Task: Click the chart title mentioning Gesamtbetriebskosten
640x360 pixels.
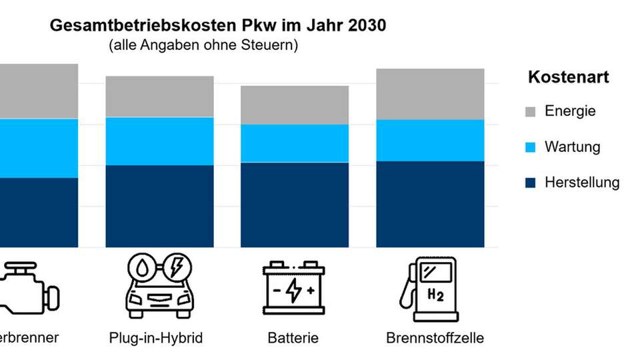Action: pyautogui.click(x=217, y=26)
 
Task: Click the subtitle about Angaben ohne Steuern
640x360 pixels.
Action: pyautogui.click(x=203, y=46)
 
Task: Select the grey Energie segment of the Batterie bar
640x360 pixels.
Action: pyautogui.click(x=294, y=105)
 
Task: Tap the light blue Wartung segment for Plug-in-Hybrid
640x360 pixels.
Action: pyautogui.click(x=160, y=141)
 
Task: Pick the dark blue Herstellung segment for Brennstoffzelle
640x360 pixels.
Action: pyautogui.click(x=430, y=204)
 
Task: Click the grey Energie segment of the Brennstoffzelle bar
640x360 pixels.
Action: pyautogui.click(x=430, y=94)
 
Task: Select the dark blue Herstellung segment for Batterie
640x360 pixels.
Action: pyautogui.click(x=294, y=205)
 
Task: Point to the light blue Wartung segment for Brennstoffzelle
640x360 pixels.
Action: pyautogui.click(x=430, y=140)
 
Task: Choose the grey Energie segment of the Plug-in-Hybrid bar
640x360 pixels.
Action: pyautogui.click(x=160, y=97)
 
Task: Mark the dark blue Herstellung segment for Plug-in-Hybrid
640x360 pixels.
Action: pyautogui.click(x=160, y=206)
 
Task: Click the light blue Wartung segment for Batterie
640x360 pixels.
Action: pyautogui.click(x=294, y=143)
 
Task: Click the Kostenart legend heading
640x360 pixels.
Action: pyautogui.click(x=568, y=77)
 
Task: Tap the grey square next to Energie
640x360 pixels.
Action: pyautogui.click(x=531, y=112)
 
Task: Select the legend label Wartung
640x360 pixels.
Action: pyautogui.click(x=572, y=147)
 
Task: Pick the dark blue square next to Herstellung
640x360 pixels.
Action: pyautogui.click(x=531, y=183)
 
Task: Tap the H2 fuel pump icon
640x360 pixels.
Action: pyautogui.click(x=429, y=289)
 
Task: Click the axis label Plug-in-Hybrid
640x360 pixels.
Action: pyautogui.click(x=155, y=338)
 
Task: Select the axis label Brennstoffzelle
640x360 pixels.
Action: pyautogui.click(x=435, y=338)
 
